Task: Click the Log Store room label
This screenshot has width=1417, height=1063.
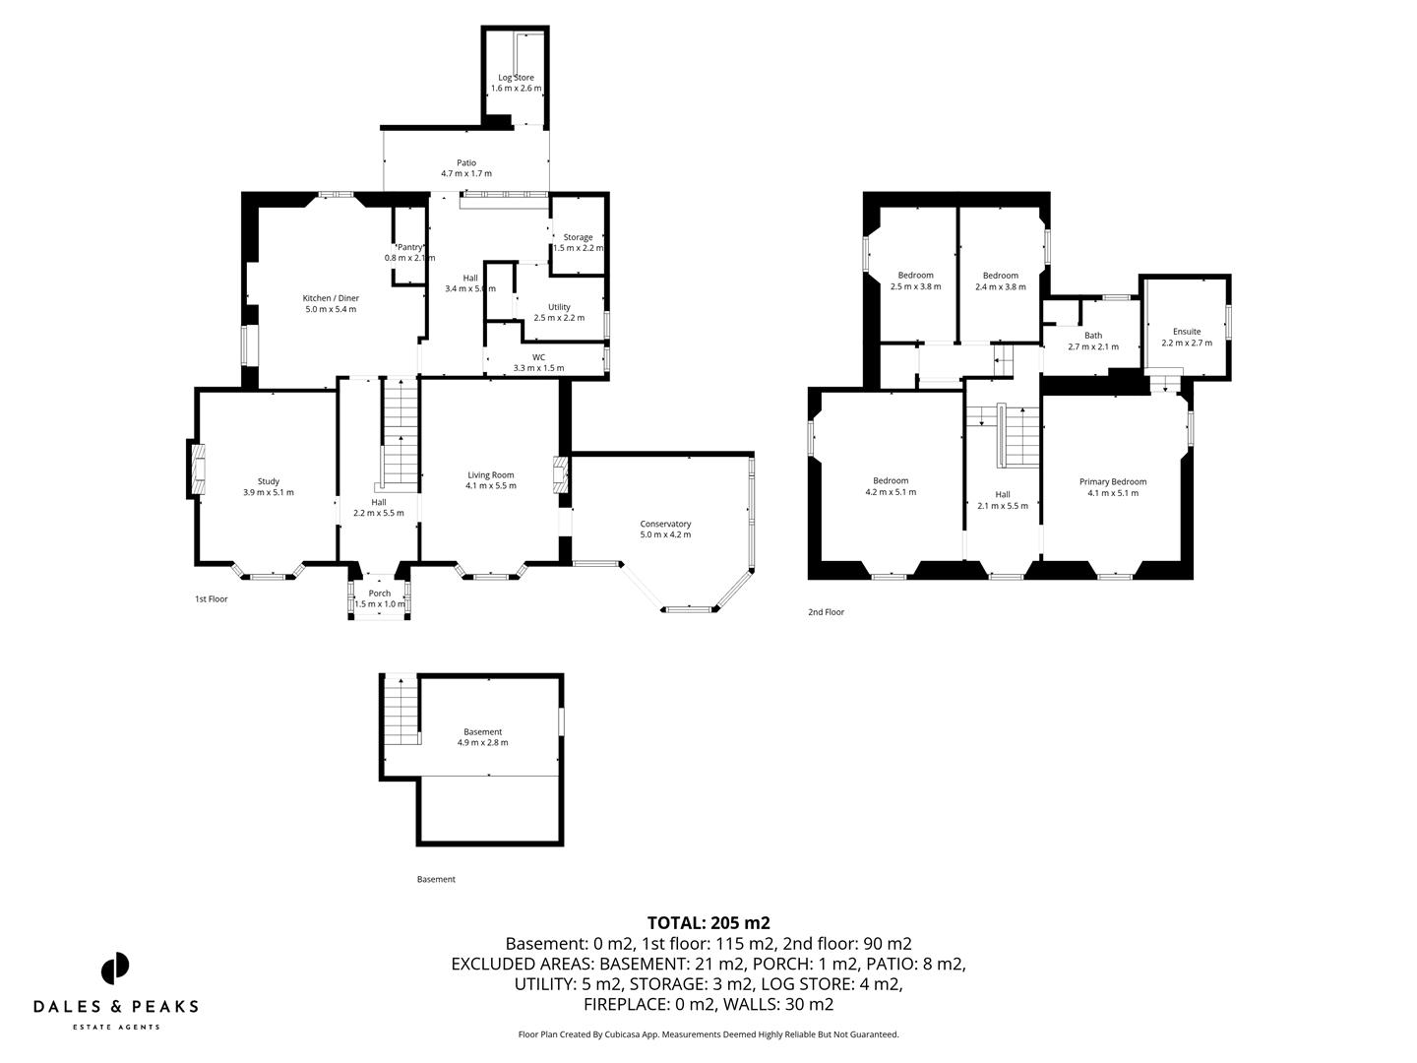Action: pyautogui.click(x=517, y=78)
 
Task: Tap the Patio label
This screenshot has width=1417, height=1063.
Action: pyautogui.click(x=466, y=163)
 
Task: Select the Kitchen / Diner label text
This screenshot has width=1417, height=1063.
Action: pyautogui.click(x=331, y=298)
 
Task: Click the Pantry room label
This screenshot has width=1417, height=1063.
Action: pyautogui.click(x=409, y=247)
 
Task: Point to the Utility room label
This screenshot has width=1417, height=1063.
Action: pyautogui.click(x=559, y=307)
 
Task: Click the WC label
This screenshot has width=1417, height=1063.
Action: pyautogui.click(x=538, y=357)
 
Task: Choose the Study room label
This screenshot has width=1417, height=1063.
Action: pyautogui.click(x=269, y=481)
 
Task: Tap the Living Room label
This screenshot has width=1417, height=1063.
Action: pyautogui.click(x=491, y=474)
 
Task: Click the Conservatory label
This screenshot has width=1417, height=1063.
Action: pyautogui.click(x=665, y=524)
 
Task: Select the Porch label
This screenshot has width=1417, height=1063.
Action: pyautogui.click(x=380, y=594)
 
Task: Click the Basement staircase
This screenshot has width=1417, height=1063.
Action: pyautogui.click(x=400, y=712)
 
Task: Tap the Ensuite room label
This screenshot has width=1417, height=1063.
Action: pyautogui.click(x=1187, y=332)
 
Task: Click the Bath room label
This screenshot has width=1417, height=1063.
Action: pyautogui.click(x=1093, y=336)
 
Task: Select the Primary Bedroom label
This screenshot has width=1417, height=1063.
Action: pyautogui.click(x=1113, y=481)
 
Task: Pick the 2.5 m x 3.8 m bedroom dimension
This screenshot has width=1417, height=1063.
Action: pyautogui.click(x=915, y=287)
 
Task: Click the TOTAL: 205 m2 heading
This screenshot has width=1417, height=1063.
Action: pyautogui.click(x=708, y=923)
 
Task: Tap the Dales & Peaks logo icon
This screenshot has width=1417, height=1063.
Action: pyautogui.click(x=115, y=969)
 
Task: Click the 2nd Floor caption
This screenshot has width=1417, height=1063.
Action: pyautogui.click(x=826, y=612)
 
